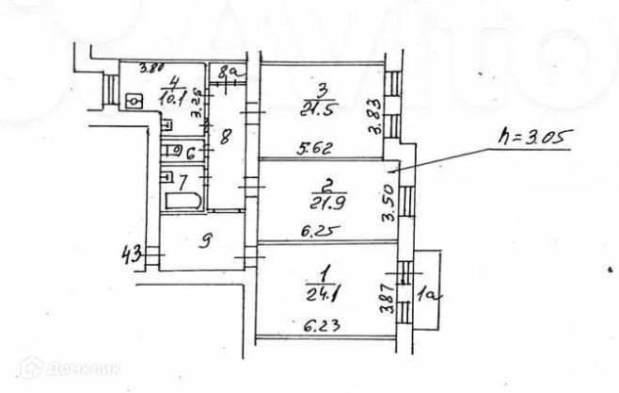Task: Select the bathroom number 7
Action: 184,178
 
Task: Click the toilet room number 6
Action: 188,152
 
